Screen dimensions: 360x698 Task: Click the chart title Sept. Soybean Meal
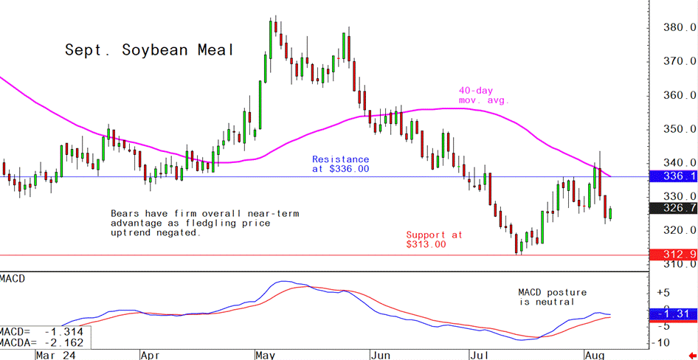click(x=149, y=50)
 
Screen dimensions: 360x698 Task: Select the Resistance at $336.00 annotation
click(x=340, y=164)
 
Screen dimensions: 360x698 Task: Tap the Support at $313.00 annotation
click(x=434, y=240)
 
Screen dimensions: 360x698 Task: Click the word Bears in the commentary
click(x=125, y=213)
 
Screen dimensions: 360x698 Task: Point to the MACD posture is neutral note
click(x=546, y=297)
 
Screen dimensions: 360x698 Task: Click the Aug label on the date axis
click(x=595, y=354)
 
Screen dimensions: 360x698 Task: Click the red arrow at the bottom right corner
click(x=691, y=355)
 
